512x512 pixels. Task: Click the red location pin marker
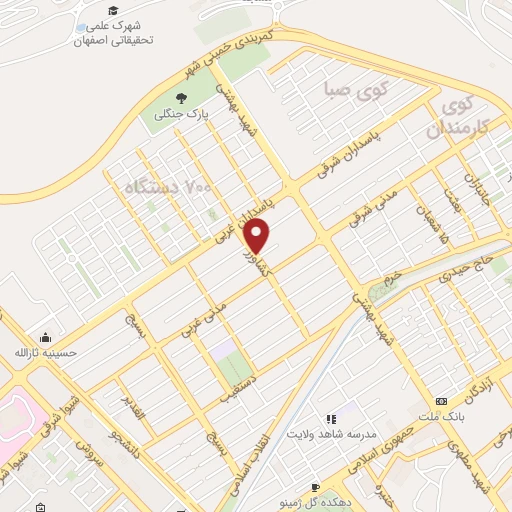258,236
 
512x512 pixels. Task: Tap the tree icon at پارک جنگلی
181,97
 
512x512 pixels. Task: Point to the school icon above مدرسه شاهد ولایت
330,419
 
